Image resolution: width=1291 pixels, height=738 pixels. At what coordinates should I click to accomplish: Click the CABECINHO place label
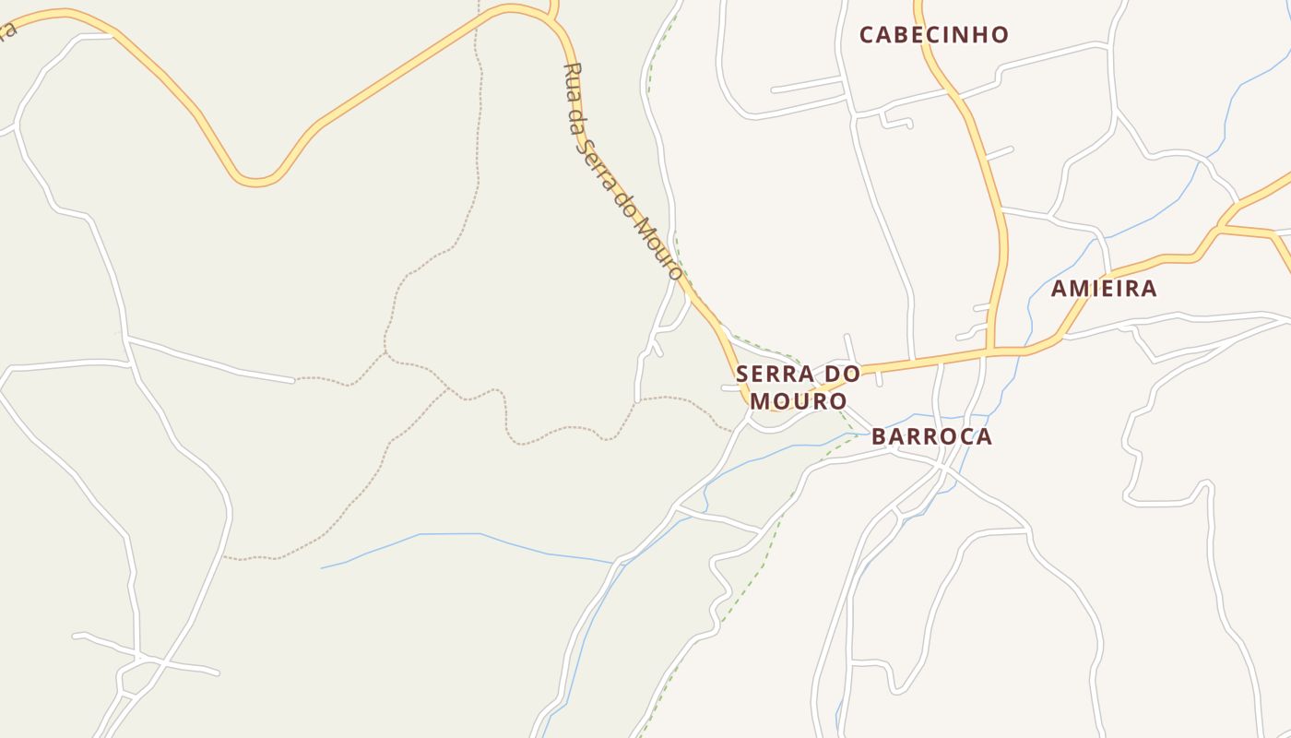(x=933, y=35)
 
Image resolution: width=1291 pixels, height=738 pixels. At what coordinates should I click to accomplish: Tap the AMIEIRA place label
(x=1104, y=289)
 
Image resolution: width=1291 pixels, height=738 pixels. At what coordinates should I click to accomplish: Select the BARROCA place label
(x=931, y=436)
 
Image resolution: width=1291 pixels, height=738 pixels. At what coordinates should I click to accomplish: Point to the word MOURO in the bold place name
(x=798, y=401)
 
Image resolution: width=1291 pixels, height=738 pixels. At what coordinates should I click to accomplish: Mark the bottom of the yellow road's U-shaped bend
(x=256, y=181)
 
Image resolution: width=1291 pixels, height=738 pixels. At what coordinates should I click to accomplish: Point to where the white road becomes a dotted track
(x=294, y=379)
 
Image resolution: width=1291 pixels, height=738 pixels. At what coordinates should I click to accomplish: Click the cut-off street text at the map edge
(x=7, y=30)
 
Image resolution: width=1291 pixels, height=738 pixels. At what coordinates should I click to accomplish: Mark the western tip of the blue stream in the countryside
(x=322, y=568)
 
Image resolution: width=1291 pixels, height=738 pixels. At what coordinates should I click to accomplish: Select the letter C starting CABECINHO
(x=867, y=35)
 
